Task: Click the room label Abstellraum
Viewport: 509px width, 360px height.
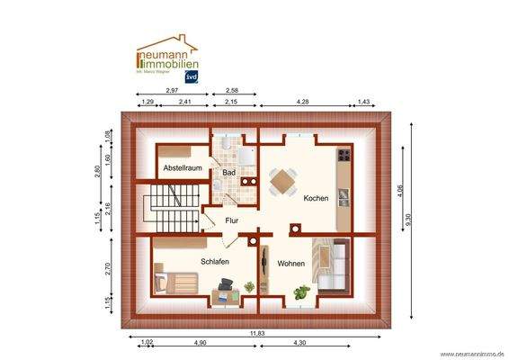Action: [x=181, y=169]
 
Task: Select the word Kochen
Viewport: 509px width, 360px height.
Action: [x=316, y=198]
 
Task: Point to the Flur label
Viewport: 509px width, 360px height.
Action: [x=232, y=220]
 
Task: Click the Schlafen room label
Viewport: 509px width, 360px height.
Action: [x=214, y=261]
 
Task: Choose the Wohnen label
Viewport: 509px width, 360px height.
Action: [x=290, y=264]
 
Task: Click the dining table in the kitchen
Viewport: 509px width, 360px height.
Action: [x=282, y=181]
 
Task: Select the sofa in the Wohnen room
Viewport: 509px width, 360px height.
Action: [x=332, y=265]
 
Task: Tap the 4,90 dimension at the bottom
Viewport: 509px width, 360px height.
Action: [x=199, y=343]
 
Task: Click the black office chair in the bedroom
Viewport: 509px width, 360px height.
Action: [x=225, y=286]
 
